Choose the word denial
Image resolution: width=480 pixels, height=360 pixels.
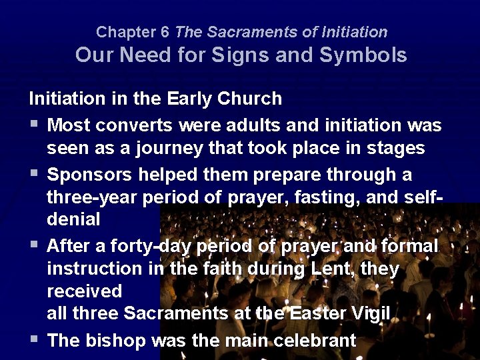tap(73, 219)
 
